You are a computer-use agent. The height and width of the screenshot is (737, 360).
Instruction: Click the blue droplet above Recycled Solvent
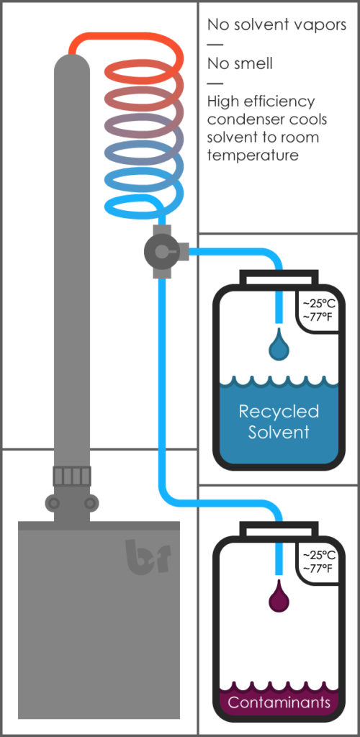(279, 345)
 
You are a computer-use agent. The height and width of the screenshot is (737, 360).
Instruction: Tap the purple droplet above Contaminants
(279, 597)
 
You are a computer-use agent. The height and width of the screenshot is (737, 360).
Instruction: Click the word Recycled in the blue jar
(279, 412)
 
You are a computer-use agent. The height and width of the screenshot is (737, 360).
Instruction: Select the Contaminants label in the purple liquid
(279, 702)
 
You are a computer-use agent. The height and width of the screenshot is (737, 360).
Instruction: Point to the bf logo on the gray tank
(148, 556)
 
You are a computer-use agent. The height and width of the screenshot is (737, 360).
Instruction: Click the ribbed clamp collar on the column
(72, 476)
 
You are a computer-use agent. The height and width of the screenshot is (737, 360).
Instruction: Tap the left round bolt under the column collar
(54, 503)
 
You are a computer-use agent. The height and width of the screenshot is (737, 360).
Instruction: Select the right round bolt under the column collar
(90, 503)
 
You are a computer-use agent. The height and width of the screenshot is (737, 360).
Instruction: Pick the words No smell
(240, 63)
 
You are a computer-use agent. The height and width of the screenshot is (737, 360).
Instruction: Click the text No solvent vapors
(276, 25)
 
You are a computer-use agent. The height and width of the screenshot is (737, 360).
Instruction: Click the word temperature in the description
(253, 155)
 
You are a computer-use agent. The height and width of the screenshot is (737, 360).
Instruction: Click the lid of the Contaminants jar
(279, 530)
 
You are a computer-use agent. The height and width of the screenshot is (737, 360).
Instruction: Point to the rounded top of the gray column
(72, 65)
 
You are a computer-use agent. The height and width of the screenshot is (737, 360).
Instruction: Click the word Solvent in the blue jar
(279, 432)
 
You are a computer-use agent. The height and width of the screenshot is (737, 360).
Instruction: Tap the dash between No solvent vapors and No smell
(215, 45)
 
